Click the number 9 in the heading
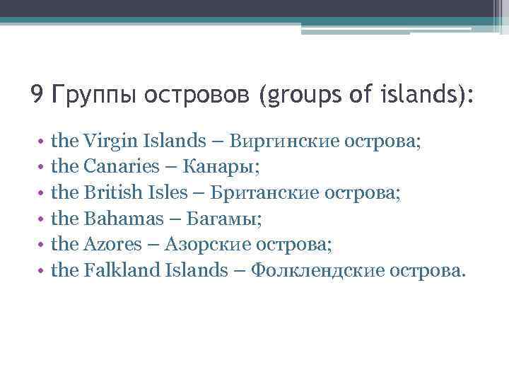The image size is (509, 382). pos(37,94)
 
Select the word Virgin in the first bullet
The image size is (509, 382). pos(106,141)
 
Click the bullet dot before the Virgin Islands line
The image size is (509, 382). pos(43,142)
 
